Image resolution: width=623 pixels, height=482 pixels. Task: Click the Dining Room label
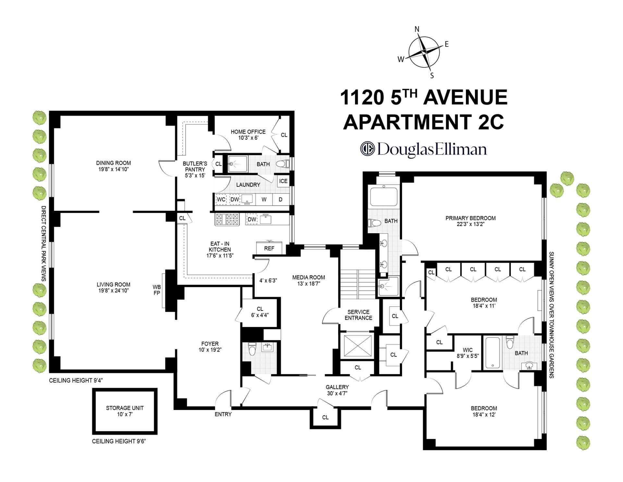click(113, 163)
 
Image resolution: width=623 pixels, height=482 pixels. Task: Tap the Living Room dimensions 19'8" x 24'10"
click(113, 291)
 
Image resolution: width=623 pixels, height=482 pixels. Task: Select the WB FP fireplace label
click(157, 290)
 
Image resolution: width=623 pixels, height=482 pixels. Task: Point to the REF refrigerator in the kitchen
click(269, 248)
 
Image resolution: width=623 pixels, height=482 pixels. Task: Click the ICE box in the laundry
click(283, 181)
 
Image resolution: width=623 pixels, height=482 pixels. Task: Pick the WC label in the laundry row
click(221, 199)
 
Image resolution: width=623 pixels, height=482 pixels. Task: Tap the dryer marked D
click(281, 199)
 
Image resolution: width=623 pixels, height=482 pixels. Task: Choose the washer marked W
click(264, 199)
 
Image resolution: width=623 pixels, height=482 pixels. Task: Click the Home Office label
click(248, 132)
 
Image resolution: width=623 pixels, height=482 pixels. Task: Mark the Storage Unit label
click(125, 408)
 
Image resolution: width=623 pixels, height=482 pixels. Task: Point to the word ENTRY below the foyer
click(223, 414)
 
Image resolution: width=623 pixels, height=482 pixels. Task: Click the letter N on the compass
click(417, 29)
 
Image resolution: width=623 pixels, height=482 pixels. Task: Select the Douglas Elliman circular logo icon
click(367, 149)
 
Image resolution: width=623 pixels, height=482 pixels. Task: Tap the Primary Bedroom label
click(470, 218)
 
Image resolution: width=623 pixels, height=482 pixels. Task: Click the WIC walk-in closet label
click(468, 350)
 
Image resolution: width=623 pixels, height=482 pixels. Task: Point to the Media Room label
click(308, 277)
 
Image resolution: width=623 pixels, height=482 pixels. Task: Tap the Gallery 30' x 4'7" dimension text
click(337, 393)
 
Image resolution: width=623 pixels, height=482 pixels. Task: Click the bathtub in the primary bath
click(384, 197)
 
